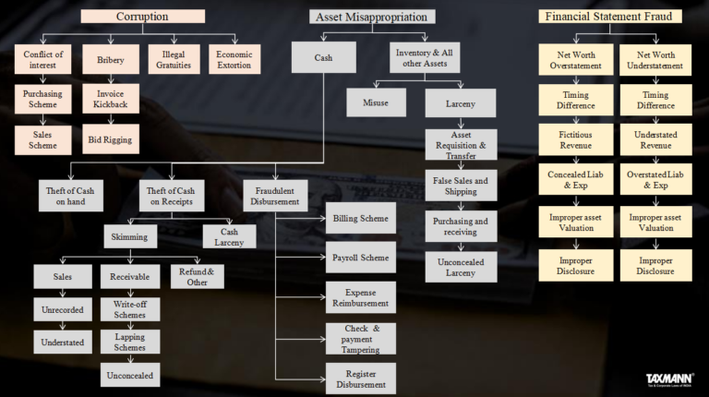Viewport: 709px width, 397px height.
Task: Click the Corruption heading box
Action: (142, 17)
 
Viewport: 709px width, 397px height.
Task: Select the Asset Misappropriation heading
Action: (372, 17)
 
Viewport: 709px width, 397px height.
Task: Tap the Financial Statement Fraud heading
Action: (611, 17)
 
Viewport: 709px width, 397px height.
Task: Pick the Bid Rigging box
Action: (110, 140)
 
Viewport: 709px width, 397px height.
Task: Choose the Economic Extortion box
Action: (234, 60)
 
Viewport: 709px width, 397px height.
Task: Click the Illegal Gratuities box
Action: (174, 60)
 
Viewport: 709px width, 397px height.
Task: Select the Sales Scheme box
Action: (42, 140)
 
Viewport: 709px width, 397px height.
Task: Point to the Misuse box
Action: (376, 102)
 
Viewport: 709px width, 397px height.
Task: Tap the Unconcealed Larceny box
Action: (461, 268)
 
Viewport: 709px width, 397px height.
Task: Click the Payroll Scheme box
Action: (360, 258)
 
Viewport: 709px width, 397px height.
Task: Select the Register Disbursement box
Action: (360, 379)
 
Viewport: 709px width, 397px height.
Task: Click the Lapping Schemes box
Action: (129, 343)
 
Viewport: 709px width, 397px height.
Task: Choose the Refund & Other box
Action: (197, 277)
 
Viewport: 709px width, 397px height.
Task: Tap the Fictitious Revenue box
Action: (576, 139)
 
